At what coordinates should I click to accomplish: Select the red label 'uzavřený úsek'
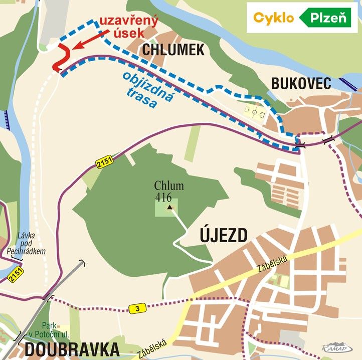pos(128,27)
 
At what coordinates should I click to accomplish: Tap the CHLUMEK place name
pos(173,50)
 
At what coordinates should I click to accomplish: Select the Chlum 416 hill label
pos(169,191)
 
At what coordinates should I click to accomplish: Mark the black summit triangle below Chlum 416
pos(170,207)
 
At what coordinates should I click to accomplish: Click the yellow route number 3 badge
pos(137,308)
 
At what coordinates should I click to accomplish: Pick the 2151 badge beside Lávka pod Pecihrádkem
pos(16,274)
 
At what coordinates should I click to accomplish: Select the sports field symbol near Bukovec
pos(254,111)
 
